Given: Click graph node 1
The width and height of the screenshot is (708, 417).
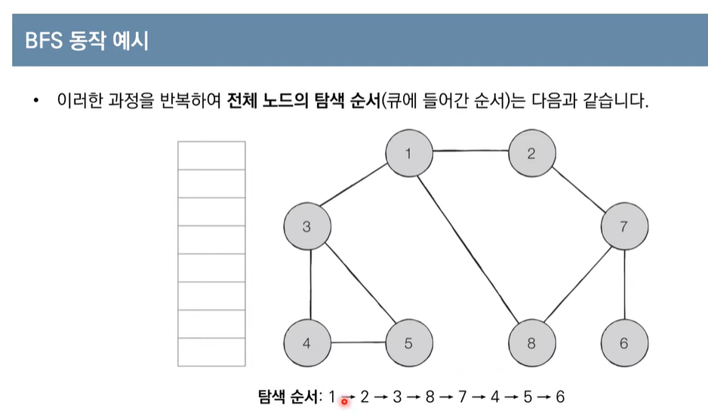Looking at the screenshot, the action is [408, 154].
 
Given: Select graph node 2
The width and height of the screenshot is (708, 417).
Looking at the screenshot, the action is [531, 154].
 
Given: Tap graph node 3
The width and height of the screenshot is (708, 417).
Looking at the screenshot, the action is [307, 226].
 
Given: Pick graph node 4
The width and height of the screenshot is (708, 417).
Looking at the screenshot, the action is [307, 343].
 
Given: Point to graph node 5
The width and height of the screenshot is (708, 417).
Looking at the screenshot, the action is [408, 343].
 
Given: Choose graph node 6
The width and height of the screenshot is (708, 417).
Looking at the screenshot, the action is [623, 343].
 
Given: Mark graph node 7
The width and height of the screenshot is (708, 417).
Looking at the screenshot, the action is [623, 226].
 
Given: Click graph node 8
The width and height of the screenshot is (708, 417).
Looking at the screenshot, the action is [531, 343].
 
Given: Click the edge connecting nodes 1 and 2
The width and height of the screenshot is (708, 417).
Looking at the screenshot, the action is [469, 152].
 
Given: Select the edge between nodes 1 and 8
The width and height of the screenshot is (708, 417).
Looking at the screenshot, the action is [469, 248].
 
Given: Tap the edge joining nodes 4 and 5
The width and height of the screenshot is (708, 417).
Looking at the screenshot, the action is [358, 344].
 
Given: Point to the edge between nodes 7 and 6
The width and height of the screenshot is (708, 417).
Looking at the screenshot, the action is [623, 285].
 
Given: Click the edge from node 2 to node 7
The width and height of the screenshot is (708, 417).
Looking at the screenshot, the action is [577, 190].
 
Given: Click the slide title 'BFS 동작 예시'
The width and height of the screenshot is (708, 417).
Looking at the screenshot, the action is [87, 40].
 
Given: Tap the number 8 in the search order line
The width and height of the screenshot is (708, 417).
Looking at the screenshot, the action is [429, 397].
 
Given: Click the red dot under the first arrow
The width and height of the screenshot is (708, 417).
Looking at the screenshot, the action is [344, 402].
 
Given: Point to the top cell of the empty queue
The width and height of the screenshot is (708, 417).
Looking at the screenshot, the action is [211, 155].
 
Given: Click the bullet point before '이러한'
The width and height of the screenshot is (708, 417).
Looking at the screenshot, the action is [35, 101].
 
